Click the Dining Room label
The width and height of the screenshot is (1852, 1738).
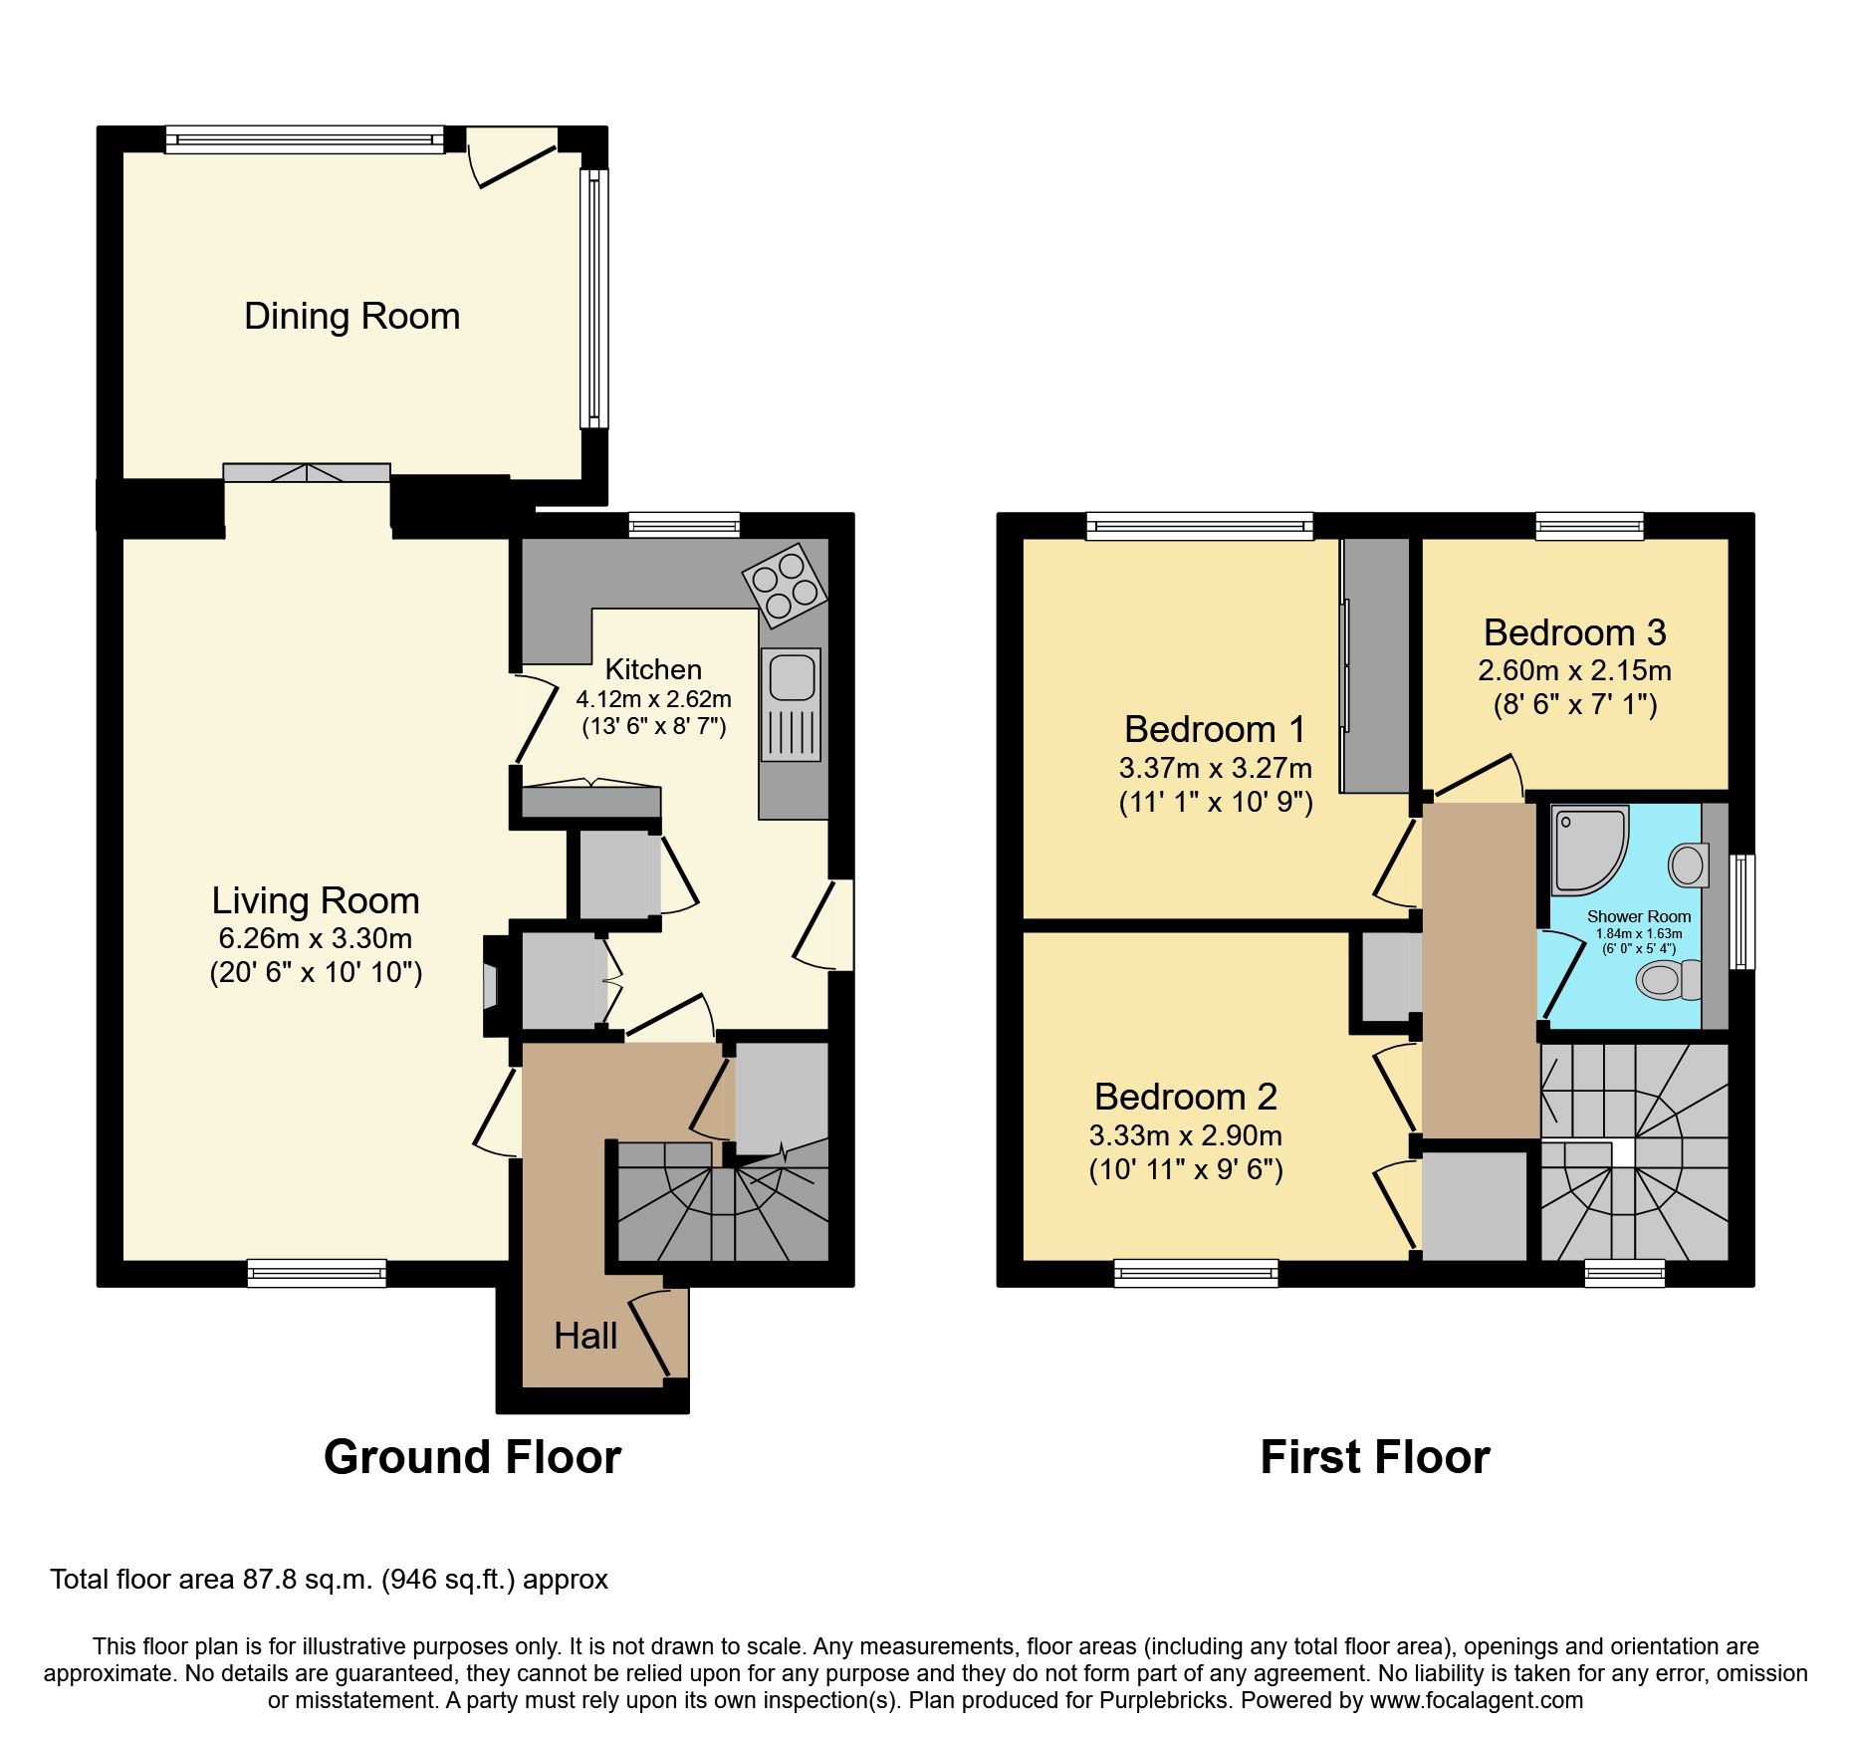pyautogui.click(x=351, y=316)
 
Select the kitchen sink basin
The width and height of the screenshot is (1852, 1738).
pyautogui.click(x=793, y=675)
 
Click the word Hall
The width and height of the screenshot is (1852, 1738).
pyautogui.click(x=585, y=1336)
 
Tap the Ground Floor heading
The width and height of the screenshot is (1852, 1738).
pyautogui.click(x=472, y=1457)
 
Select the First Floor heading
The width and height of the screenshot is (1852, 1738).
pyautogui.click(x=1374, y=1457)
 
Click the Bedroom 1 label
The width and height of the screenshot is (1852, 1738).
pyautogui.click(x=1215, y=729)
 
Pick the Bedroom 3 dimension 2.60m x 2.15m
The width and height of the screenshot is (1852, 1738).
pyautogui.click(x=1574, y=670)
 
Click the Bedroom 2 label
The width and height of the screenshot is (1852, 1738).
pyautogui.click(x=1185, y=1097)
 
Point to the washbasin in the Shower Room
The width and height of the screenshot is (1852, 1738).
pyautogui.click(x=1689, y=865)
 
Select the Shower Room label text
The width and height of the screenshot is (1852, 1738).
pyautogui.click(x=1639, y=916)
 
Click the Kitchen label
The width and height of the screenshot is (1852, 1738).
pyautogui.click(x=653, y=669)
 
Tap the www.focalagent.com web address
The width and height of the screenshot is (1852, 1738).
pyautogui.click(x=1477, y=1699)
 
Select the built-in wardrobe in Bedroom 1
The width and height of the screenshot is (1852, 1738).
pyautogui.click(x=1375, y=665)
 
